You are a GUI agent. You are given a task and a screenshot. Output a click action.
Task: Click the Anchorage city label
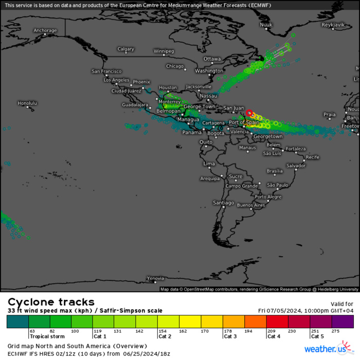click(x=45, y=30)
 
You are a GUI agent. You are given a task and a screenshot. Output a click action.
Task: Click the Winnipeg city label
click(x=164, y=51)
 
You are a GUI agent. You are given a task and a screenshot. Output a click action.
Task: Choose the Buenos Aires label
click(x=251, y=205)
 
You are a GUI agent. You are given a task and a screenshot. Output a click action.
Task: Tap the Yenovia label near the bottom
click(x=155, y=278)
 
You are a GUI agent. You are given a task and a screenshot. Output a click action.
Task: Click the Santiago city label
click(x=223, y=203)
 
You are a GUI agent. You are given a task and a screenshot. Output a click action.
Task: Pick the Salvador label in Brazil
click(x=296, y=166)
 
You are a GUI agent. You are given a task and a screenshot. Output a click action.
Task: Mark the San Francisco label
click(x=106, y=71)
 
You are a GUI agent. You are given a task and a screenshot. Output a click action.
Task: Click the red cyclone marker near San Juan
click(x=249, y=113)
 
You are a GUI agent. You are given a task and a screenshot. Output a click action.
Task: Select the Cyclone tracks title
click(x=51, y=302)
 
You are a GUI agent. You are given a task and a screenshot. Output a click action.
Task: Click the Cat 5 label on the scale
click(x=317, y=336)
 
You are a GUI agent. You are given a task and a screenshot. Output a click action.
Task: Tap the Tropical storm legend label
click(x=47, y=336)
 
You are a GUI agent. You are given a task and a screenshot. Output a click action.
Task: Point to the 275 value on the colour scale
click(x=336, y=331)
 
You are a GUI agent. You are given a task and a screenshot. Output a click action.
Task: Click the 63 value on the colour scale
click(x=33, y=331)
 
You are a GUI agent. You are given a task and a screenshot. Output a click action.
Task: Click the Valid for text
click(x=341, y=304)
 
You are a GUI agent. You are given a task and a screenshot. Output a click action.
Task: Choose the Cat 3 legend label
click(x=230, y=336)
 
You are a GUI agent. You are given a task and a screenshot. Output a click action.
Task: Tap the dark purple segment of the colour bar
click(x=343, y=321)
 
